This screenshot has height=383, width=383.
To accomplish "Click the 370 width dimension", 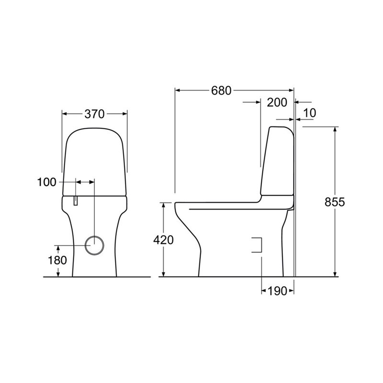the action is point(94,114).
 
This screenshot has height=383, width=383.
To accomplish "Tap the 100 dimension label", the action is point(46,182).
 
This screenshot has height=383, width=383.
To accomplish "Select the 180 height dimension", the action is point(57,260).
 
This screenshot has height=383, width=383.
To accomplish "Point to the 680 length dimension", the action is point(221,90).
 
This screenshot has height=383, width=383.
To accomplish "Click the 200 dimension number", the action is point(277,102).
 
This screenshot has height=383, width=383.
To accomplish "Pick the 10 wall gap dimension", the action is point(309,113).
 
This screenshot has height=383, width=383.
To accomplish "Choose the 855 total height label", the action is point(335,202).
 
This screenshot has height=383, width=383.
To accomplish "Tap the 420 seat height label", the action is point(163,240).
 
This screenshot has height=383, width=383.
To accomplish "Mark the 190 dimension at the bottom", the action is point(277,291).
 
